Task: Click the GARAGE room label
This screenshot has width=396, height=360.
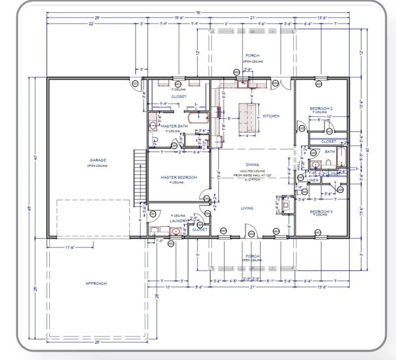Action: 98,160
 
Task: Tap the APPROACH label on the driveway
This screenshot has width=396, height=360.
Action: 96,283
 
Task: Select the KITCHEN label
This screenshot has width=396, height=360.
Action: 271,116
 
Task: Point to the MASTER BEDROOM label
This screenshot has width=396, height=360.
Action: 179,177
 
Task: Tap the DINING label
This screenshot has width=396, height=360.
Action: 253,165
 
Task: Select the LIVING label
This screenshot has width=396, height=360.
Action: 247,208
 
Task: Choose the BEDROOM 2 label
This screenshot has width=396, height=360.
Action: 321,108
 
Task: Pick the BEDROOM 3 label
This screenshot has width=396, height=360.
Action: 321,211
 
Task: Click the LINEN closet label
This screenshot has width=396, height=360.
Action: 313,180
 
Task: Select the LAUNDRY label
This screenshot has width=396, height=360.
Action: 177,221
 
